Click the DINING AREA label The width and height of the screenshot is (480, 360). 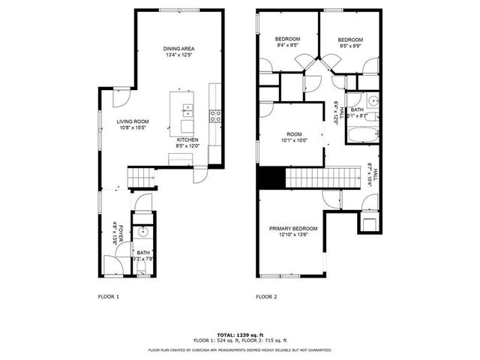(x=178, y=49)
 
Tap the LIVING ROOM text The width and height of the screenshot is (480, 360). (x=132, y=121)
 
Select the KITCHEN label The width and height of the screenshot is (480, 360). (x=187, y=139)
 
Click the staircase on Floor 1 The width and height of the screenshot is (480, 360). (x=142, y=178)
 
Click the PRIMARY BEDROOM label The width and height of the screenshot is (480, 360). (x=293, y=229)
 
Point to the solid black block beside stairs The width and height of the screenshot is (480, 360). (x=271, y=178)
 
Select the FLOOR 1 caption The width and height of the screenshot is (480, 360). (x=109, y=297)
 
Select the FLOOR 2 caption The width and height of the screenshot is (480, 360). (x=266, y=297)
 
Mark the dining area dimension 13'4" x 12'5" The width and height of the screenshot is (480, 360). (x=178, y=55)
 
